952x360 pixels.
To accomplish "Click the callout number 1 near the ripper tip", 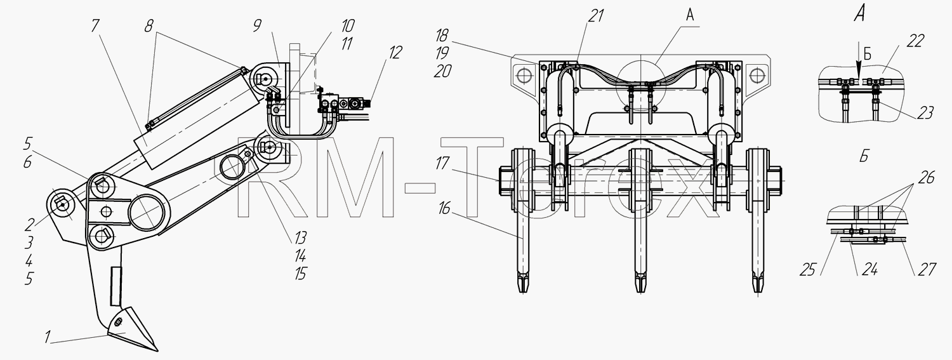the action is (x=48, y=338).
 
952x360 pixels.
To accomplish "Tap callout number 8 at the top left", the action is (x=149, y=27).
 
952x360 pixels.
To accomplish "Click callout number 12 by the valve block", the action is (x=394, y=53).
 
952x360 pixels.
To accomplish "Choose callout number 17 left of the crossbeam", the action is (x=442, y=163).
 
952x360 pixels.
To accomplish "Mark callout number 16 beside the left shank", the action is (x=444, y=209).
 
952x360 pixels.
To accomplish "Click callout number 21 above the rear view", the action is (x=596, y=16).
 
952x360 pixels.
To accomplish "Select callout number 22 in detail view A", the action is (x=915, y=41).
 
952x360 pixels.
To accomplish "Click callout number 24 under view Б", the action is (x=869, y=269).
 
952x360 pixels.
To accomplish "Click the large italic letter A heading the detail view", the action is (x=859, y=15).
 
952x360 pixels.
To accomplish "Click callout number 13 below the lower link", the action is (x=300, y=238).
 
